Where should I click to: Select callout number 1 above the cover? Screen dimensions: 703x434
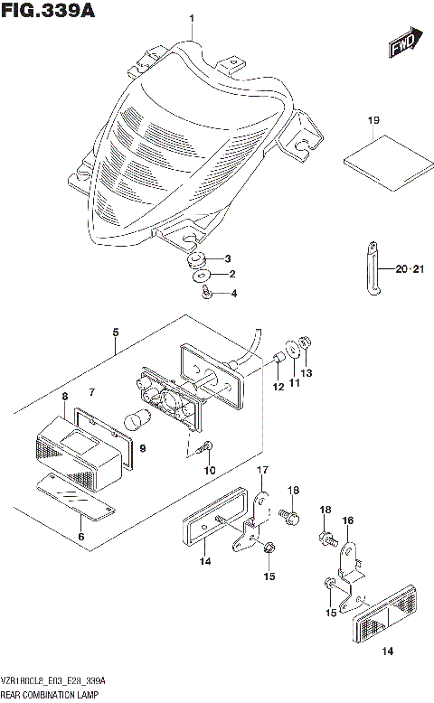coord(191,18)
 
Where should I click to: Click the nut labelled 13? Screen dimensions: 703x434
coord(306,343)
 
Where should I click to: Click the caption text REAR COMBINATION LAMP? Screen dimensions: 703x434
coord(52,693)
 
